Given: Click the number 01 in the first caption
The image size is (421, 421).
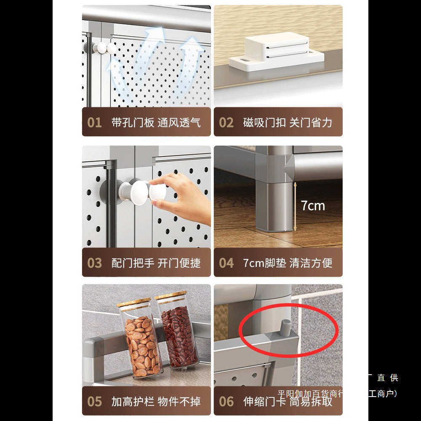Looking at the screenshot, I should [94, 123].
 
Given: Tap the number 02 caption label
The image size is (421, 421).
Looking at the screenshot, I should [226, 123].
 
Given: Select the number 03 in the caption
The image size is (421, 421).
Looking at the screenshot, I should [94, 263].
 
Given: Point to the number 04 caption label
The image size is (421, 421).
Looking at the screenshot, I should [226, 263].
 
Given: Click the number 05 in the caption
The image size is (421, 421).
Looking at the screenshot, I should [94, 402].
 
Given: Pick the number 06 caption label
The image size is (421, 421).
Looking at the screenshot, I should [226, 402].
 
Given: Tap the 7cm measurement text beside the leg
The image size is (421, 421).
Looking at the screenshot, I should [313, 205].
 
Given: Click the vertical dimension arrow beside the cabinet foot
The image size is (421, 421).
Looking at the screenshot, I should [295, 206].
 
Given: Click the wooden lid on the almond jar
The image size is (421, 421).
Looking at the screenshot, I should [133, 302].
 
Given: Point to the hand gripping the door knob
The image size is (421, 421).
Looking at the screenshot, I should [185, 198].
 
